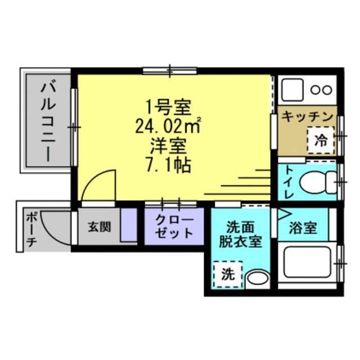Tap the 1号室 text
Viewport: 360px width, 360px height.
(169, 105)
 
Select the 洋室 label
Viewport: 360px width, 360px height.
(168, 145)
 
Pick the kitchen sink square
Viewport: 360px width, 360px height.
(292, 89)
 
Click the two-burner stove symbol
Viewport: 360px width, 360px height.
(321, 89)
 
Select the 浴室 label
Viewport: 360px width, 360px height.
(304, 227)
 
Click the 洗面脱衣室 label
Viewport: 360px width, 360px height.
(240, 234)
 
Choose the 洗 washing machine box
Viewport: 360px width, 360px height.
(227, 274)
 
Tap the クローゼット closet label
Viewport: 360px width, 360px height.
(174, 226)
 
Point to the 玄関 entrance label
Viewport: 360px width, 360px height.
(99, 227)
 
